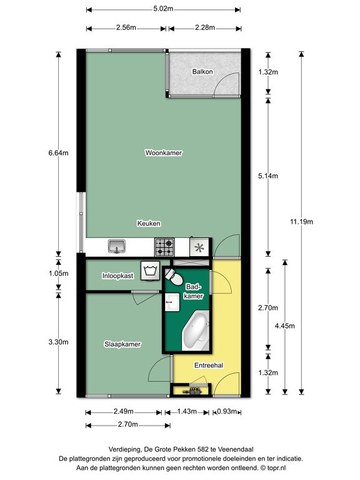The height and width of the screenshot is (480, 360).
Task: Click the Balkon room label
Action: pos(202,72)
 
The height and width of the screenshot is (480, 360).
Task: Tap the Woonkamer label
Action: pos(164,152)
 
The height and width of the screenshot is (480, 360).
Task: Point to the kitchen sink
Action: pos(117,246)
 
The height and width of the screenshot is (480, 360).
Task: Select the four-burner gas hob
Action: pos(164,247)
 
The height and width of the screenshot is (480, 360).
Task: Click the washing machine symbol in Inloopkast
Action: pos(150,271)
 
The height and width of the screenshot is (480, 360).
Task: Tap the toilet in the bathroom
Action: pos(174,277)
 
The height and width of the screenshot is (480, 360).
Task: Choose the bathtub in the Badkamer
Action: pos(196,331)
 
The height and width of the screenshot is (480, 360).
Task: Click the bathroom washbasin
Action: pos(172,302)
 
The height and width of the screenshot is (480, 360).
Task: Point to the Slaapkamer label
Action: pos(122,344)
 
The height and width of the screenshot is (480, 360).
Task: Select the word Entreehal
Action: pos(209,365)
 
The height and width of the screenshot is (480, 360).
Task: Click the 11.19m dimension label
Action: pos(301,222)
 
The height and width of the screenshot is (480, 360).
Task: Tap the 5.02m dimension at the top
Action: pos(163,9)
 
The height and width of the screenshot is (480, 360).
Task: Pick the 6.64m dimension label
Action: pos(58,152)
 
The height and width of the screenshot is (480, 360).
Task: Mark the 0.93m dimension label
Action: pos(227,411)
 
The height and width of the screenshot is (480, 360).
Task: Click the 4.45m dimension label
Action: pos(285,326)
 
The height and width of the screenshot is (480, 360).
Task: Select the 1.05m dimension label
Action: pos(59,273)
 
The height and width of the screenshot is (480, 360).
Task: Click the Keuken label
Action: pos(149,224)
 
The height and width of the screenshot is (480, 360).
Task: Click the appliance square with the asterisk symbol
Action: pos(199,247)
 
